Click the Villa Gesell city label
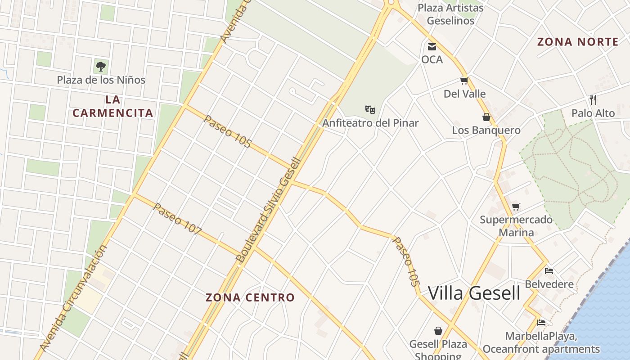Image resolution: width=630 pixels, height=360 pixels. (474, 293)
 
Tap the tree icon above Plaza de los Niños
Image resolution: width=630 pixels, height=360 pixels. (101, 67)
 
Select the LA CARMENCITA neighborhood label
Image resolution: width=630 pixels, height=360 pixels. (113, 106)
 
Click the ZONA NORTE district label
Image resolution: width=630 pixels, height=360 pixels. (578, 42)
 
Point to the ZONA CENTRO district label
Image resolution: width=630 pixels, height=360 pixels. (250, 297)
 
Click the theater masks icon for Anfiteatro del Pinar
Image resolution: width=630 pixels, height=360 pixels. (370, 109)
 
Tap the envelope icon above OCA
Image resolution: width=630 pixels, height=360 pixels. (432, 46)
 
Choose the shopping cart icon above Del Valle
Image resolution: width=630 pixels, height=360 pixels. (464, 81)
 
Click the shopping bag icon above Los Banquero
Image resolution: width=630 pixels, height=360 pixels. (486, 117)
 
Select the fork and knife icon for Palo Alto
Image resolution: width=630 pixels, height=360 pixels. (593, 99)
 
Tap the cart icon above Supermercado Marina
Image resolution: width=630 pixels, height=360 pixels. (516, 207)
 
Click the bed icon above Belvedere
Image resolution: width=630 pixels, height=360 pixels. (549, 271)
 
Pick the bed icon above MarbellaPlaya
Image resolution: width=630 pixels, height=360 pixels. (541, 323)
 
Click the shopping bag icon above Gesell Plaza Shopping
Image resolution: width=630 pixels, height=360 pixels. (438, 331)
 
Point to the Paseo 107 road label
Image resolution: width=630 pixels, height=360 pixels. (177, 219)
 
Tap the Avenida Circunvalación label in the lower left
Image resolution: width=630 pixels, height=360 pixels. (74, 298)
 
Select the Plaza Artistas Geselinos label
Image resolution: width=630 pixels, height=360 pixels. (450, 14)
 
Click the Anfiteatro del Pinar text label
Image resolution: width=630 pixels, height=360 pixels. (370, 123)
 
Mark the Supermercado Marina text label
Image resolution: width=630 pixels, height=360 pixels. (516, 226)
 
